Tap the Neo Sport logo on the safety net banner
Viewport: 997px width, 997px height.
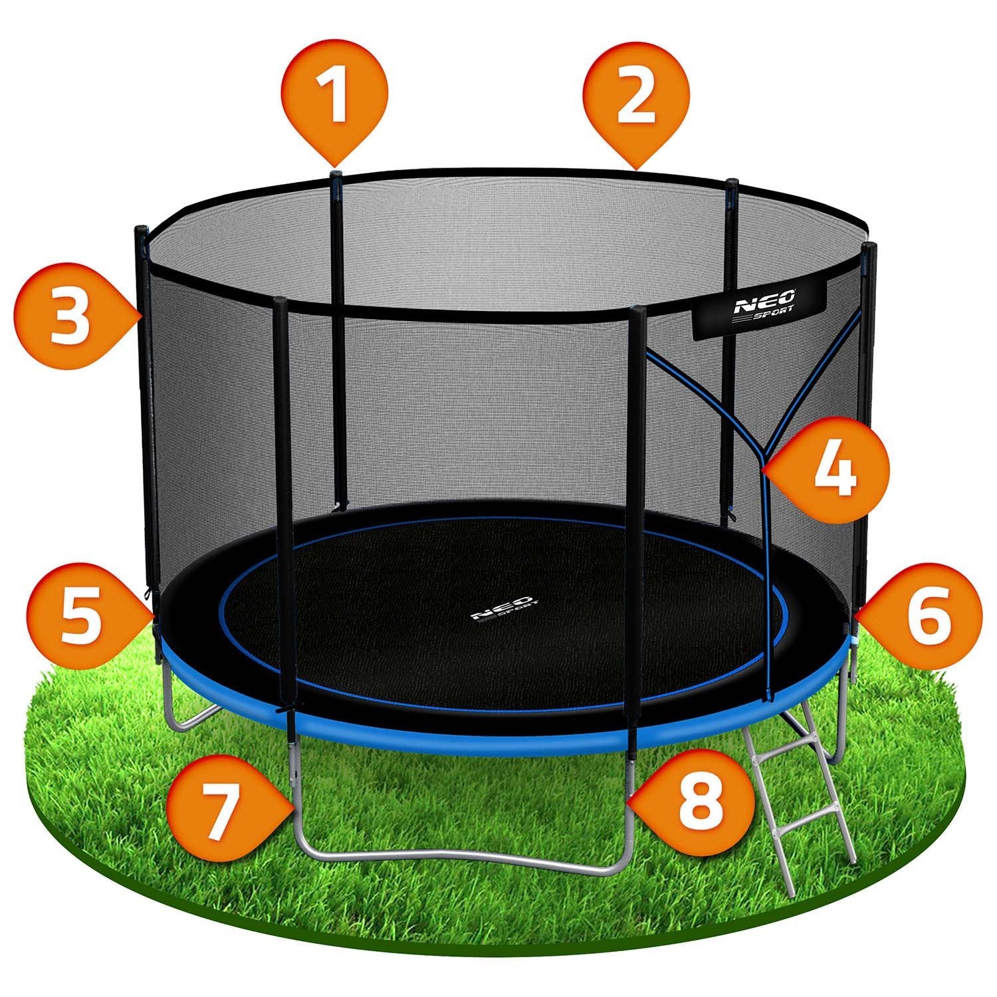point(758,311)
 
